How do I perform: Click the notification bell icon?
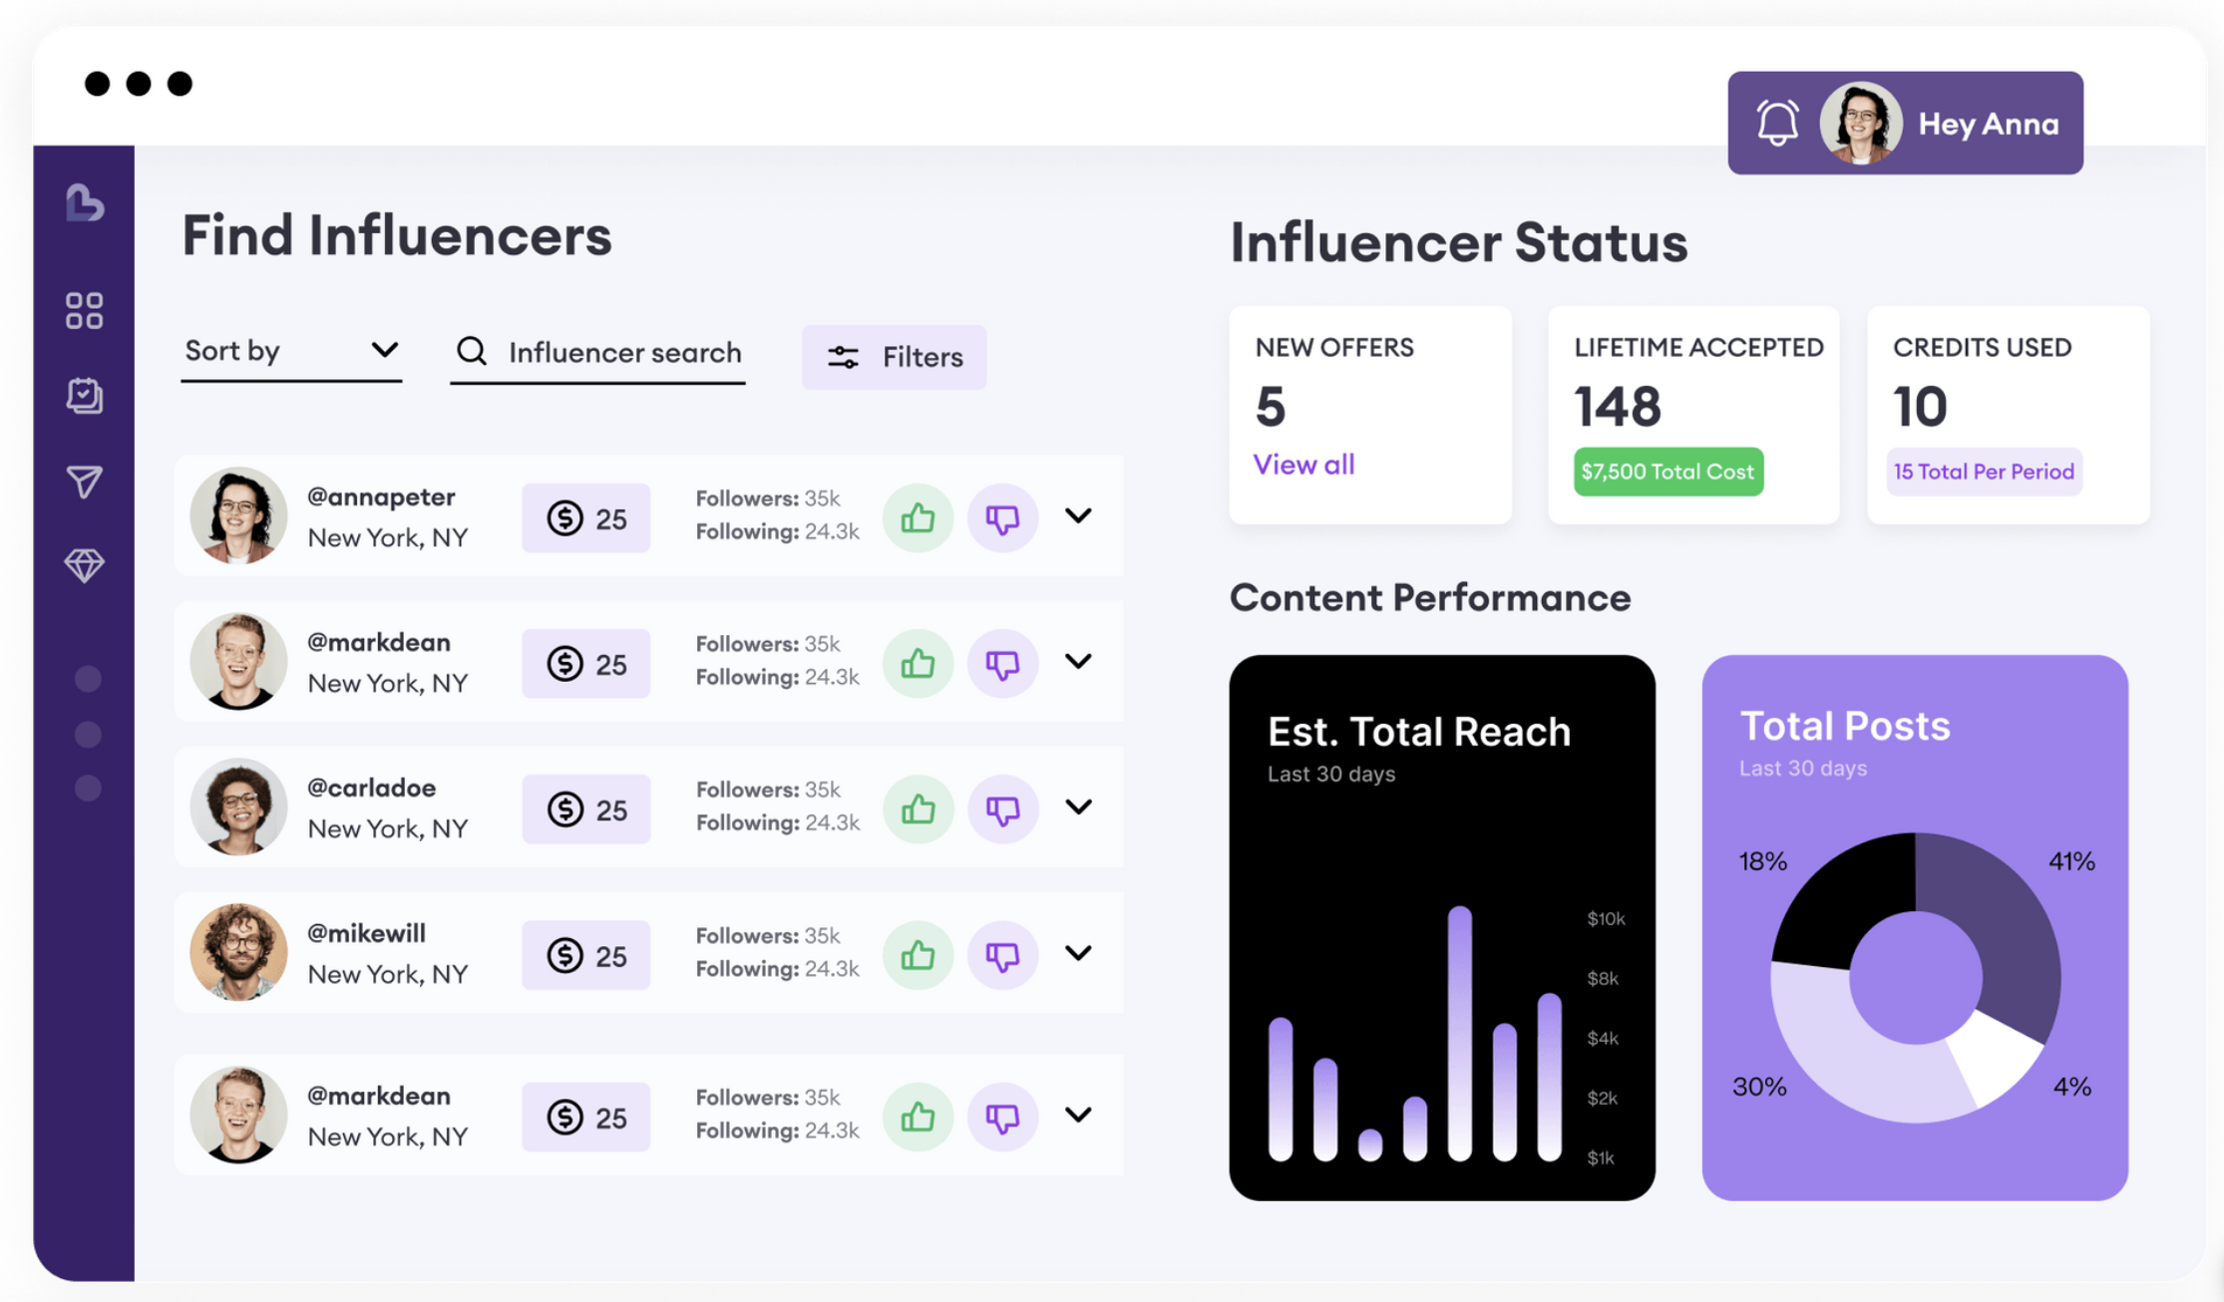[x=1777, y=124]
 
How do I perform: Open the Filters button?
[x=895, y=357]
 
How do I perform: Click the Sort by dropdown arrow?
[x=384, y=350]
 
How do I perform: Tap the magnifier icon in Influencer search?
[x=472, y=351]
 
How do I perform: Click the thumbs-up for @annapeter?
[x=918, y=517]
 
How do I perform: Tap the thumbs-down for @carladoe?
[x=1002, y=810]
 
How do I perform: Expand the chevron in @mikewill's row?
[x=1078, y=953]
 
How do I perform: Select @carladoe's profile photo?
[x=238, y=808]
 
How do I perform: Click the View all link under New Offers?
[x=1303, y=465]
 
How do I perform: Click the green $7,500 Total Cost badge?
[x=1668, y=472]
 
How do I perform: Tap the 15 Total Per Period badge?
[x=1984, y=472]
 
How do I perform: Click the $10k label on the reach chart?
[x=1606, y=918]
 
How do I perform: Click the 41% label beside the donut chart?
[x=2071, y=861]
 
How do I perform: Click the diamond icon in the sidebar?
[x=85, y=565]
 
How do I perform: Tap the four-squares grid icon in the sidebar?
[x=85, y=310]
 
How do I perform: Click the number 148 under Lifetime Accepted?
[x=1618, y=407]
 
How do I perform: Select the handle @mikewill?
[x=366, y=933]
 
